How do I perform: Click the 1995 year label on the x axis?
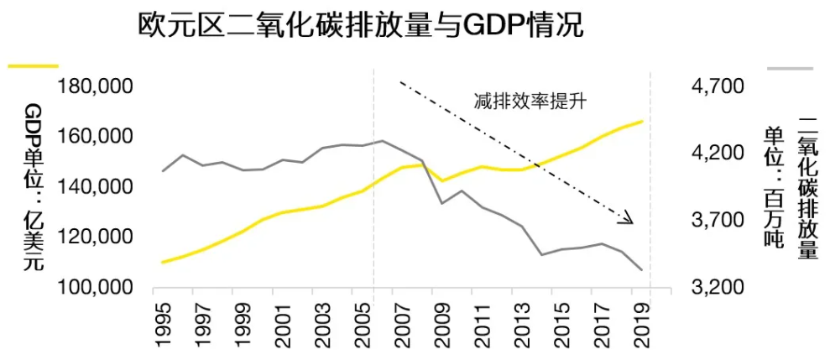(x=164, y=325)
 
